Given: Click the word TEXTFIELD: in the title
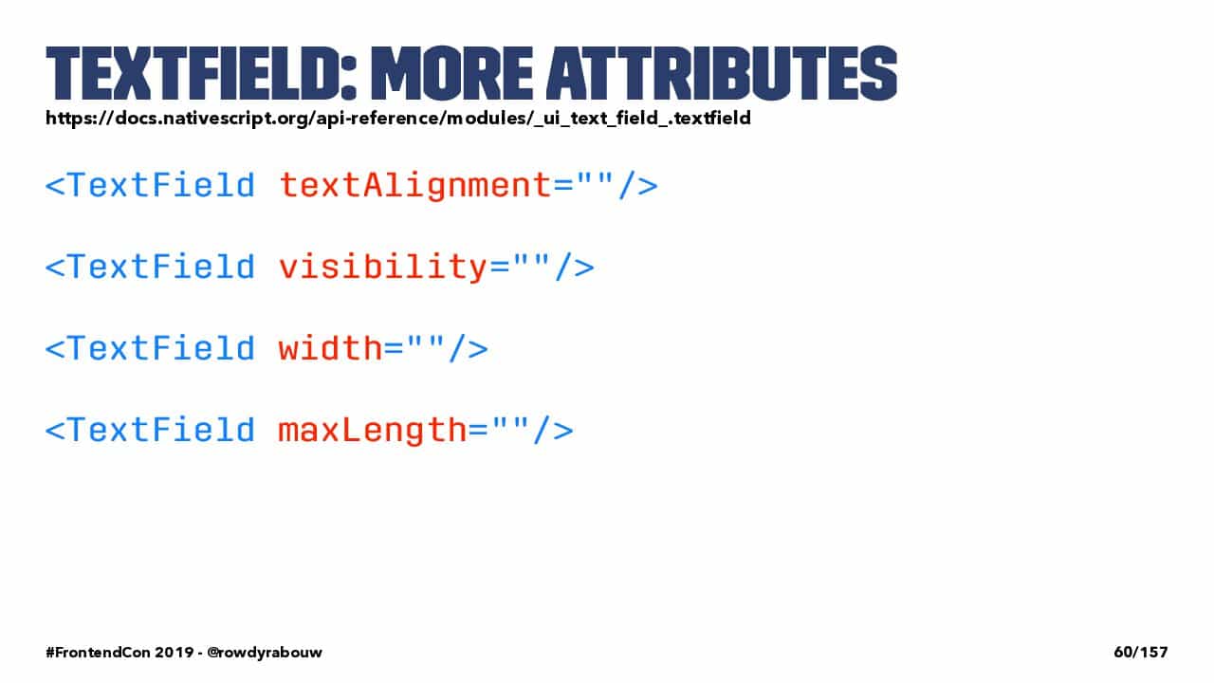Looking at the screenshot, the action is coord(201,73).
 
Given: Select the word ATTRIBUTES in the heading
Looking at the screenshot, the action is coord(722,73).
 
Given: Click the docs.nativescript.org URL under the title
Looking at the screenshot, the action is coord(398,119).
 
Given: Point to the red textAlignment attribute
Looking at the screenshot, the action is coord(415,186).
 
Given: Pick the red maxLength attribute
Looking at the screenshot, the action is coord(373,431).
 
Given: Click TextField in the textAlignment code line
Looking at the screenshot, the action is coord(162,185).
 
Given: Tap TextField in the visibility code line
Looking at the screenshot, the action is coord(162,267).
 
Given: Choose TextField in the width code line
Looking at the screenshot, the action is coord(162,348).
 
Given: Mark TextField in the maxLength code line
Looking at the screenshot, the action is coord(162,430).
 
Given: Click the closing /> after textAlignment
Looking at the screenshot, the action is coord(638,186).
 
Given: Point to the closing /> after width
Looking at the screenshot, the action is coord(469,348).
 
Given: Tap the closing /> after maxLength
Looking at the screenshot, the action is coord(553,431).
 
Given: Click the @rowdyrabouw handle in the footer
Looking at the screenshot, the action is coord(265,652).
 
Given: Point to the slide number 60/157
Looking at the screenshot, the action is coord(1141,652).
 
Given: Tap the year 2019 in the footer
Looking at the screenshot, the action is coord(175,652).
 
